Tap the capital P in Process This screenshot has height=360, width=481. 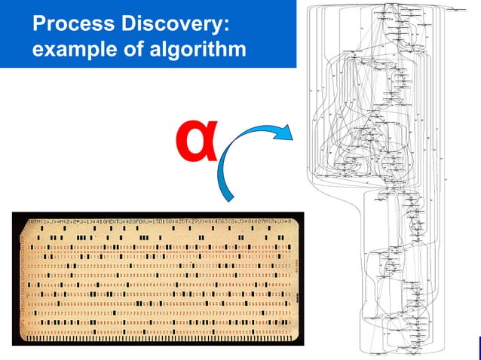(x=38, y=25)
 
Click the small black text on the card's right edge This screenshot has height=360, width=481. (x=294, y=264)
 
